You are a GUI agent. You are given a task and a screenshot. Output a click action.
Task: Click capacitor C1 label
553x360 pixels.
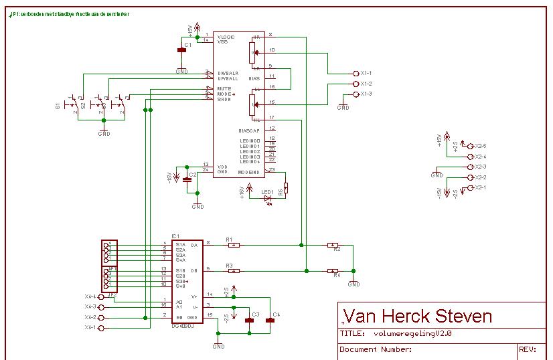point(188,44)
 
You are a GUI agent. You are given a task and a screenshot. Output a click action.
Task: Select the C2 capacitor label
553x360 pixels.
point(192,174)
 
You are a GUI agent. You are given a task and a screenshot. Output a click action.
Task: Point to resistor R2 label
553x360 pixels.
point(337,250)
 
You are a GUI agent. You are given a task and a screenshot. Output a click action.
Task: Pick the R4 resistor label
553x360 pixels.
point(337,275)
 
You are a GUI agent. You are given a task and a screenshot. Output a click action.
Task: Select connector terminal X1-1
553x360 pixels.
point(355,73)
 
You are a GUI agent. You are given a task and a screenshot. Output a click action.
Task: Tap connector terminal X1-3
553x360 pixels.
point(355,94)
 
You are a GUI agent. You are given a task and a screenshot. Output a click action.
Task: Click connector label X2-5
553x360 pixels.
point(480,145)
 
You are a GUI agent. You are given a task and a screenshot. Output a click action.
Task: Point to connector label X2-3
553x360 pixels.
point(480,167)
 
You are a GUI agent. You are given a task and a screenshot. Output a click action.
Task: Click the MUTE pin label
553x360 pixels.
point(224,88)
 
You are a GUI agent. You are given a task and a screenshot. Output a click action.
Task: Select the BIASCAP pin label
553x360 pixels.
point(248,129)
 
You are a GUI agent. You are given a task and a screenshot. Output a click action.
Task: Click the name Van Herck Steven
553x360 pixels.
point(416,316)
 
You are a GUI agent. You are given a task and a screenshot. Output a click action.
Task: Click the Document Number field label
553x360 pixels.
point(376,349)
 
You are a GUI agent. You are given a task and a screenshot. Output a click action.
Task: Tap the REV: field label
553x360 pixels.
point(526,349)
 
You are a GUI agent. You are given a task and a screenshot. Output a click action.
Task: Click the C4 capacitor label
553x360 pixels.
point(277,314)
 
